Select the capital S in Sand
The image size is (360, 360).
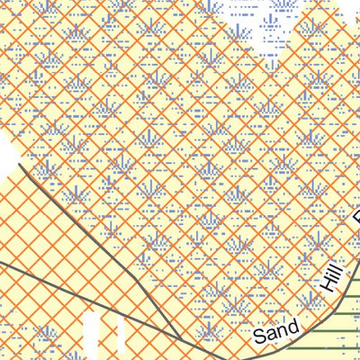(x=258, y=337)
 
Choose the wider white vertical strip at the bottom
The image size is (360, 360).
(x=95, y=337)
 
